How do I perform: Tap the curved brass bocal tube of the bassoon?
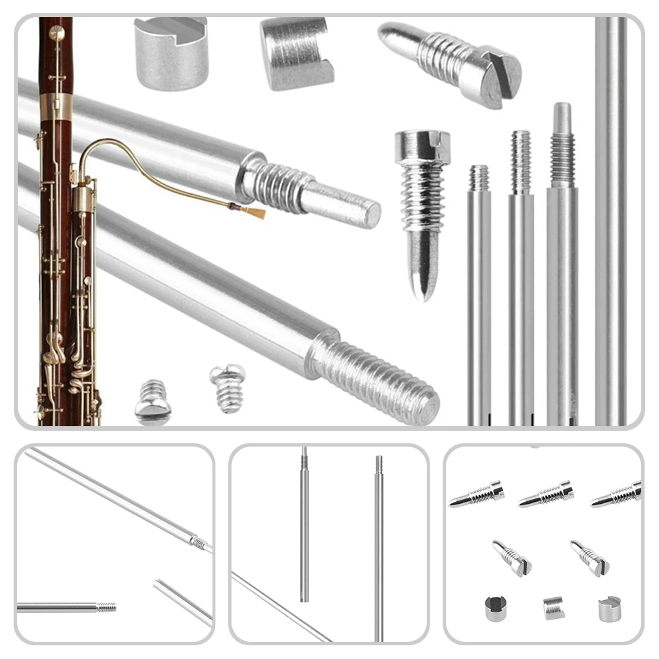pyautogui.click(x=132, y=148)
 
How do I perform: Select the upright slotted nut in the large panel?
pyautogui.click(x=171, y=53)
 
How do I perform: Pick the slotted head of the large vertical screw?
pyautogui.click(x=422, y=146)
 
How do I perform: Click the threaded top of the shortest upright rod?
pyautogui.click(x=479, y=178)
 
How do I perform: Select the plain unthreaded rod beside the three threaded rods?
pyautogui.click(x=611, y=217)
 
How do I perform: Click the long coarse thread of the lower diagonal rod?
pyautogui.click(x=375, y=378)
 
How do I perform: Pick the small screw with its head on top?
pyautogui.click(x=228, y=388)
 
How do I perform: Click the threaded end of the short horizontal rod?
pyautogui.click(x=105, y=607)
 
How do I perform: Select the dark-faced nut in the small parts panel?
pyautogui.click(x=495, y=608)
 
